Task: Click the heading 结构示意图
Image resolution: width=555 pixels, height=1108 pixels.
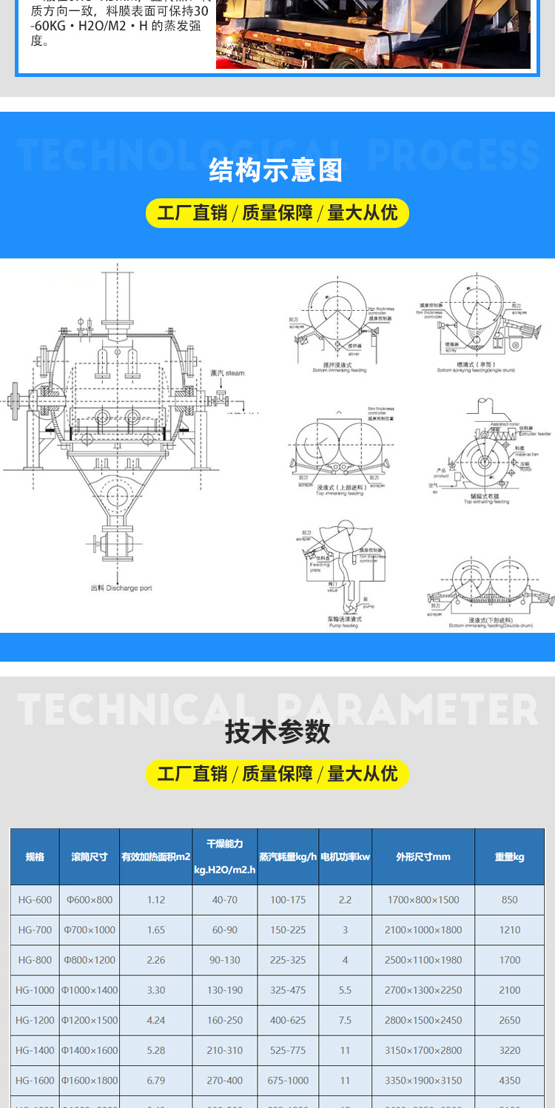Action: (x=277, y=171)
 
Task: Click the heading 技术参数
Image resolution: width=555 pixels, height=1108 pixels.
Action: (x=277, y=732)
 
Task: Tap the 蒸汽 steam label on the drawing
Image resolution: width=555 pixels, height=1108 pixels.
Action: (x=226, y=373)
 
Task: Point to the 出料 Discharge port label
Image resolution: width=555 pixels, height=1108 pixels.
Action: (x=121, y=588)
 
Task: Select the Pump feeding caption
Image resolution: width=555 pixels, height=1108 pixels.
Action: (x=344, y=625)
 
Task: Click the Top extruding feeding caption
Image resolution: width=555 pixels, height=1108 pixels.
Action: (x=486, y=502)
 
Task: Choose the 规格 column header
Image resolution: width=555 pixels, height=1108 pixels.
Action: (x=35, y=856)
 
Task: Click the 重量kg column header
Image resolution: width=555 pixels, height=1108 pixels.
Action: (x=509, y=856)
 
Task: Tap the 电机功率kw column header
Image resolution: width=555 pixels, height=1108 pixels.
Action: (x=345, y=856)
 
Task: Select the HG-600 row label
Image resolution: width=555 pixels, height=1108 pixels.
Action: (x=35, y=900)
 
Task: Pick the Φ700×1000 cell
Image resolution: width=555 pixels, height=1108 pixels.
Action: (x=90, y=930)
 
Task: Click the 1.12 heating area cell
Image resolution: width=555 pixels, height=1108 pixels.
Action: (x=156, y=900)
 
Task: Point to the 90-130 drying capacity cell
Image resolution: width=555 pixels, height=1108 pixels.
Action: (x=225, y=960)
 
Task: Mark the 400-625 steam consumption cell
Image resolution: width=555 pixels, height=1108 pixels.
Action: (x=288, y=1020)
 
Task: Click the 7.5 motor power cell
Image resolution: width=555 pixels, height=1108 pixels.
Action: (x=345, y=1020)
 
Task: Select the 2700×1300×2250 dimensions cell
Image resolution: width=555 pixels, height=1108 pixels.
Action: (x=423, y=990)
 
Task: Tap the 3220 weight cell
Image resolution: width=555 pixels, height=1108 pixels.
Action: (x=510, y=1050)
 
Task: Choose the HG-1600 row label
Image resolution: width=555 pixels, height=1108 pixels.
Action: (x=35, y=1081)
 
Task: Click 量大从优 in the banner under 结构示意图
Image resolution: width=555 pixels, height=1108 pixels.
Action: (x=363, y=213)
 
